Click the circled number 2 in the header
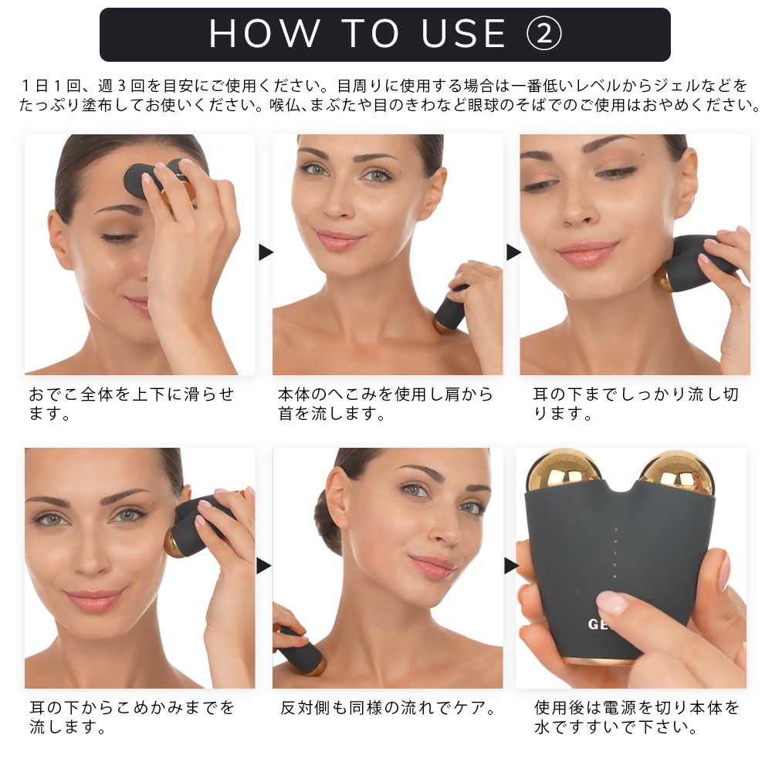click(543, 33)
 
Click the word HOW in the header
click(264, 33)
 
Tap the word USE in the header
click(464, 33)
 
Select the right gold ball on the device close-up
click(675, 472)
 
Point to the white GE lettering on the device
click(599, 625)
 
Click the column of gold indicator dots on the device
click(615, 553)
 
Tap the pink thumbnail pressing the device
click(612, 601)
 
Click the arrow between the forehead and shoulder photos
click(266, 252)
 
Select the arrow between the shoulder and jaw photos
click(513, 252)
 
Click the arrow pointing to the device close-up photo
click(511, 566)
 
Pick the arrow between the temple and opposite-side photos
click(264, 566)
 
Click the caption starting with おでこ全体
click(131, 403)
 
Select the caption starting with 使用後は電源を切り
click(637, 717)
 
